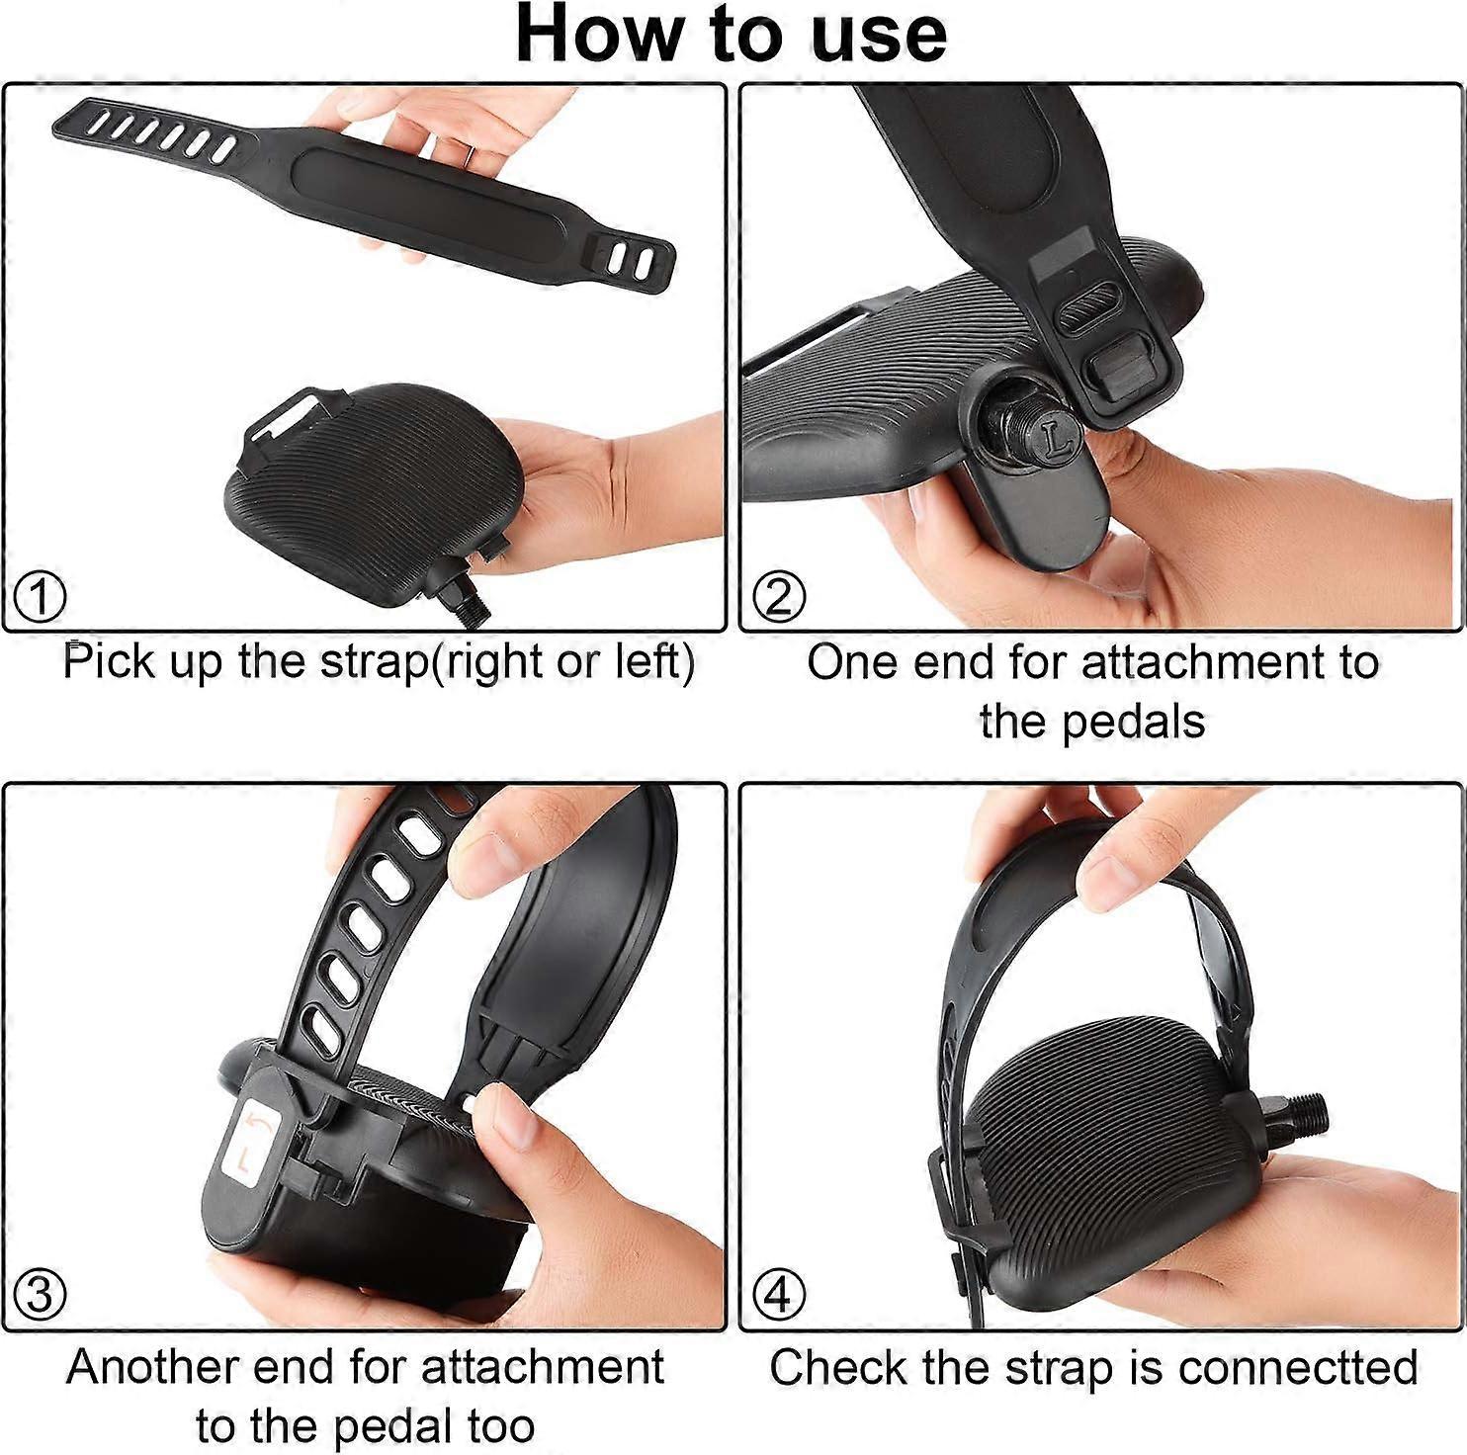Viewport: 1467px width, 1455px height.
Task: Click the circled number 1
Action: (x=41, y=597)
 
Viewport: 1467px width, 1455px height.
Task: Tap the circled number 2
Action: (x=779, y=597)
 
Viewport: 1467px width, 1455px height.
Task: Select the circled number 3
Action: (x=41, y=1294)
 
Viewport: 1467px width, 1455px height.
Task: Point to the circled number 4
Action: (x=779, y=1294)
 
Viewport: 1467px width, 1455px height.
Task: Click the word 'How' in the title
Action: (x=595, y=35)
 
